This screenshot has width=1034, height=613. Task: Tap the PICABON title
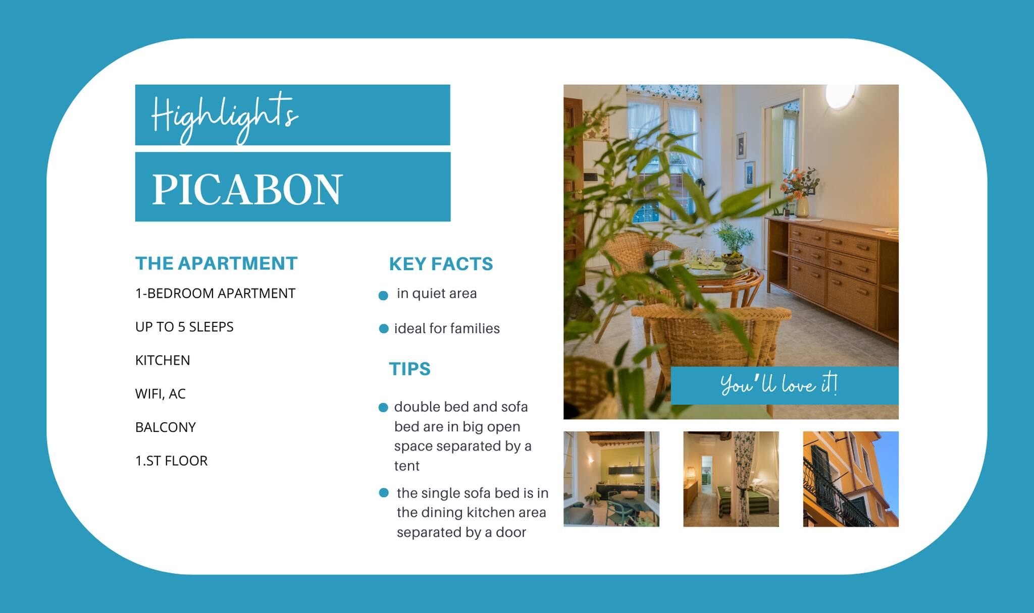click(247, 189)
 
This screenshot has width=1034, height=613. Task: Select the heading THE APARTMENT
click(217, 263)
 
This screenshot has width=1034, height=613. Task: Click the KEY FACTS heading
click(441, 264)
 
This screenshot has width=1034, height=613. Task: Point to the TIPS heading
click(409, 369)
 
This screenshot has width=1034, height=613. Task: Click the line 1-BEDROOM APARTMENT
click(215, 293)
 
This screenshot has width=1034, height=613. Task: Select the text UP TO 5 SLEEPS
click(184, 327)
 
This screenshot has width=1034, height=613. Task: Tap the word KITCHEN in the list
click(163, 360)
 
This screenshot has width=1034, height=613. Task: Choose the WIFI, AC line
click(161, 394)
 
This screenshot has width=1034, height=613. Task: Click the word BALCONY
click(166, 427)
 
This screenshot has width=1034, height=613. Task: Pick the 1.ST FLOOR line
click(171, 461)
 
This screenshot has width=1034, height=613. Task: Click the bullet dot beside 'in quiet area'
click(383, 296)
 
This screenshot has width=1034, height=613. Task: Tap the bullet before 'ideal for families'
click(384, 329)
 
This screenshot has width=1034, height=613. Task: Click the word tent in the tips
click(406, 466)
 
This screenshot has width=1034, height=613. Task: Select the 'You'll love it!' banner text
click(779, 385)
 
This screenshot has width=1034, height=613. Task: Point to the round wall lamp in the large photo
click(840, 96)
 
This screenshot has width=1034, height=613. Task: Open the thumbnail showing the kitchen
click(611, 479)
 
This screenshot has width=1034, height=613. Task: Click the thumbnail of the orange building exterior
click(851, 479)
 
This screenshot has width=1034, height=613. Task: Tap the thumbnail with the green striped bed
click(731, 479)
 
